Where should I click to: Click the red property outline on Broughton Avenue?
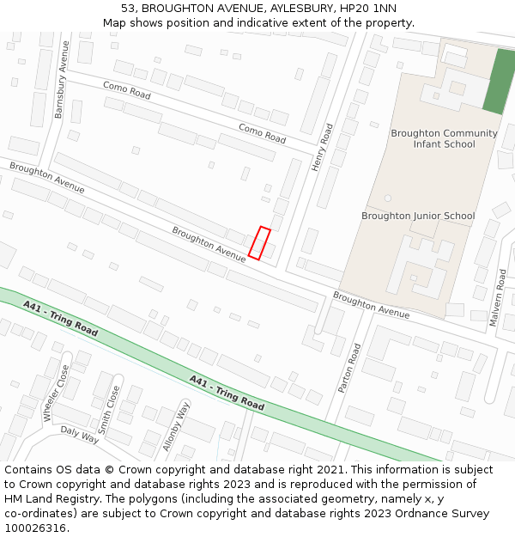pos(259,242)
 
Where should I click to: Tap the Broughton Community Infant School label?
pos(444,138)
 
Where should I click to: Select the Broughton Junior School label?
pos(418,216)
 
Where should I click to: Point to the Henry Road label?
pos(323,147)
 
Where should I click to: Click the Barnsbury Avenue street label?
pos(60,79)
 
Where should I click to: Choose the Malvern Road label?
pos(499,297)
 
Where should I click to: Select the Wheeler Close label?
pos(57,393)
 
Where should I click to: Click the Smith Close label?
pos(109,408)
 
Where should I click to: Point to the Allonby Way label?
pos(176,425)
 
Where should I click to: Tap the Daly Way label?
pos(80,435)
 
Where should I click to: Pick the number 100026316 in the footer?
pos(36,528)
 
